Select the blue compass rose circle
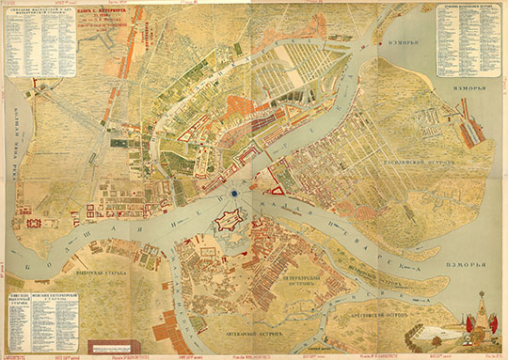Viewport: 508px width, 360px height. pyautogui.click(x=232, y=194)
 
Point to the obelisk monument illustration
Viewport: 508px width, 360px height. pyautogui.click(x=481, y=310)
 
